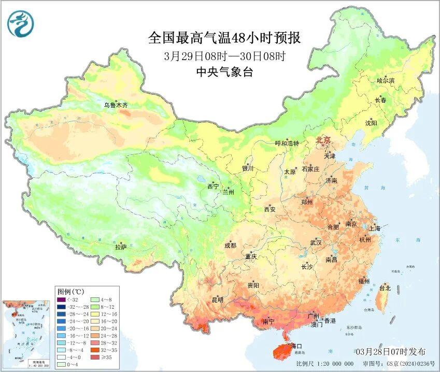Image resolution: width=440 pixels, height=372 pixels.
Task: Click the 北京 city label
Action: point(323,140)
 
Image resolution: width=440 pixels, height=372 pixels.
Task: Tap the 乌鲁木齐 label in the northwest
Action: point(116,105)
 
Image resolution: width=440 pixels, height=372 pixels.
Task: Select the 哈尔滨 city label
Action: point(386,80)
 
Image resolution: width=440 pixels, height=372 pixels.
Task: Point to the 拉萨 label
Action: point(121,248)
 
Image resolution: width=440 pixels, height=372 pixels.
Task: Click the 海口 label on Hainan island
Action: point(296,346)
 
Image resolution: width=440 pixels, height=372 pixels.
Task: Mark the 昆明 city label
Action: point(217,299)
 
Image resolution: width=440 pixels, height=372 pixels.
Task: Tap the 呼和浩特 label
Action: point(287,144)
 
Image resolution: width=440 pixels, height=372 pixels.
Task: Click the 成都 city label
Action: point(231,246)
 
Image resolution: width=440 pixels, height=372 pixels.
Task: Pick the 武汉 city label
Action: point(316,242)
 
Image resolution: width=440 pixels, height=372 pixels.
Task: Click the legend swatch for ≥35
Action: point(96,356)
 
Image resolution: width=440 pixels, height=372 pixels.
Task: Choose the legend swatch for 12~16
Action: point(96,313)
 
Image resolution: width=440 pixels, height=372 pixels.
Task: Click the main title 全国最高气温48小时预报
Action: point(224,37)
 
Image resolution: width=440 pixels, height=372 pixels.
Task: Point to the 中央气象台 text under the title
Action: point(224,73)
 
